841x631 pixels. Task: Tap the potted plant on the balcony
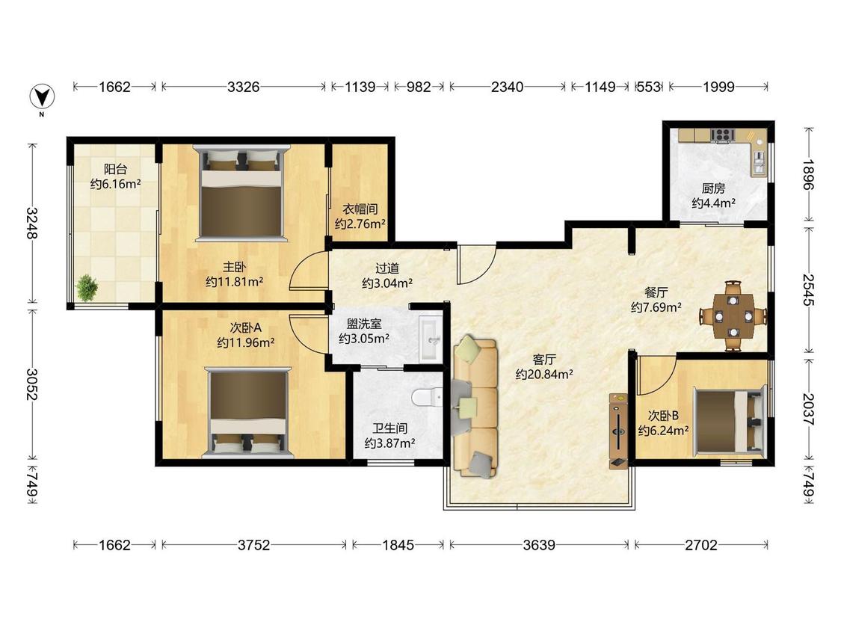click(87, 288)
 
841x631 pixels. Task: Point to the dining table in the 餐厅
click(733, 316)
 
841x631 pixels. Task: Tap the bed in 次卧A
click(247, 412)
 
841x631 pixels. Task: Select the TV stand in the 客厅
click(618, 431)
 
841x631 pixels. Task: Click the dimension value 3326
click(244, 87)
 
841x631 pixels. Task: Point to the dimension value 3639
click(539, 545)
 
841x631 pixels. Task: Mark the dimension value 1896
click(808, 175)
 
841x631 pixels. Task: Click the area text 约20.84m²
click(544, 375)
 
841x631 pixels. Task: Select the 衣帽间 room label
click(360, 209)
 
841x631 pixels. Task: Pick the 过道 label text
click(387, 268)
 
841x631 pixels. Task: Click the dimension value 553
click(648, 87)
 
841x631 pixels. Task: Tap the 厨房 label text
click(713, 188)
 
